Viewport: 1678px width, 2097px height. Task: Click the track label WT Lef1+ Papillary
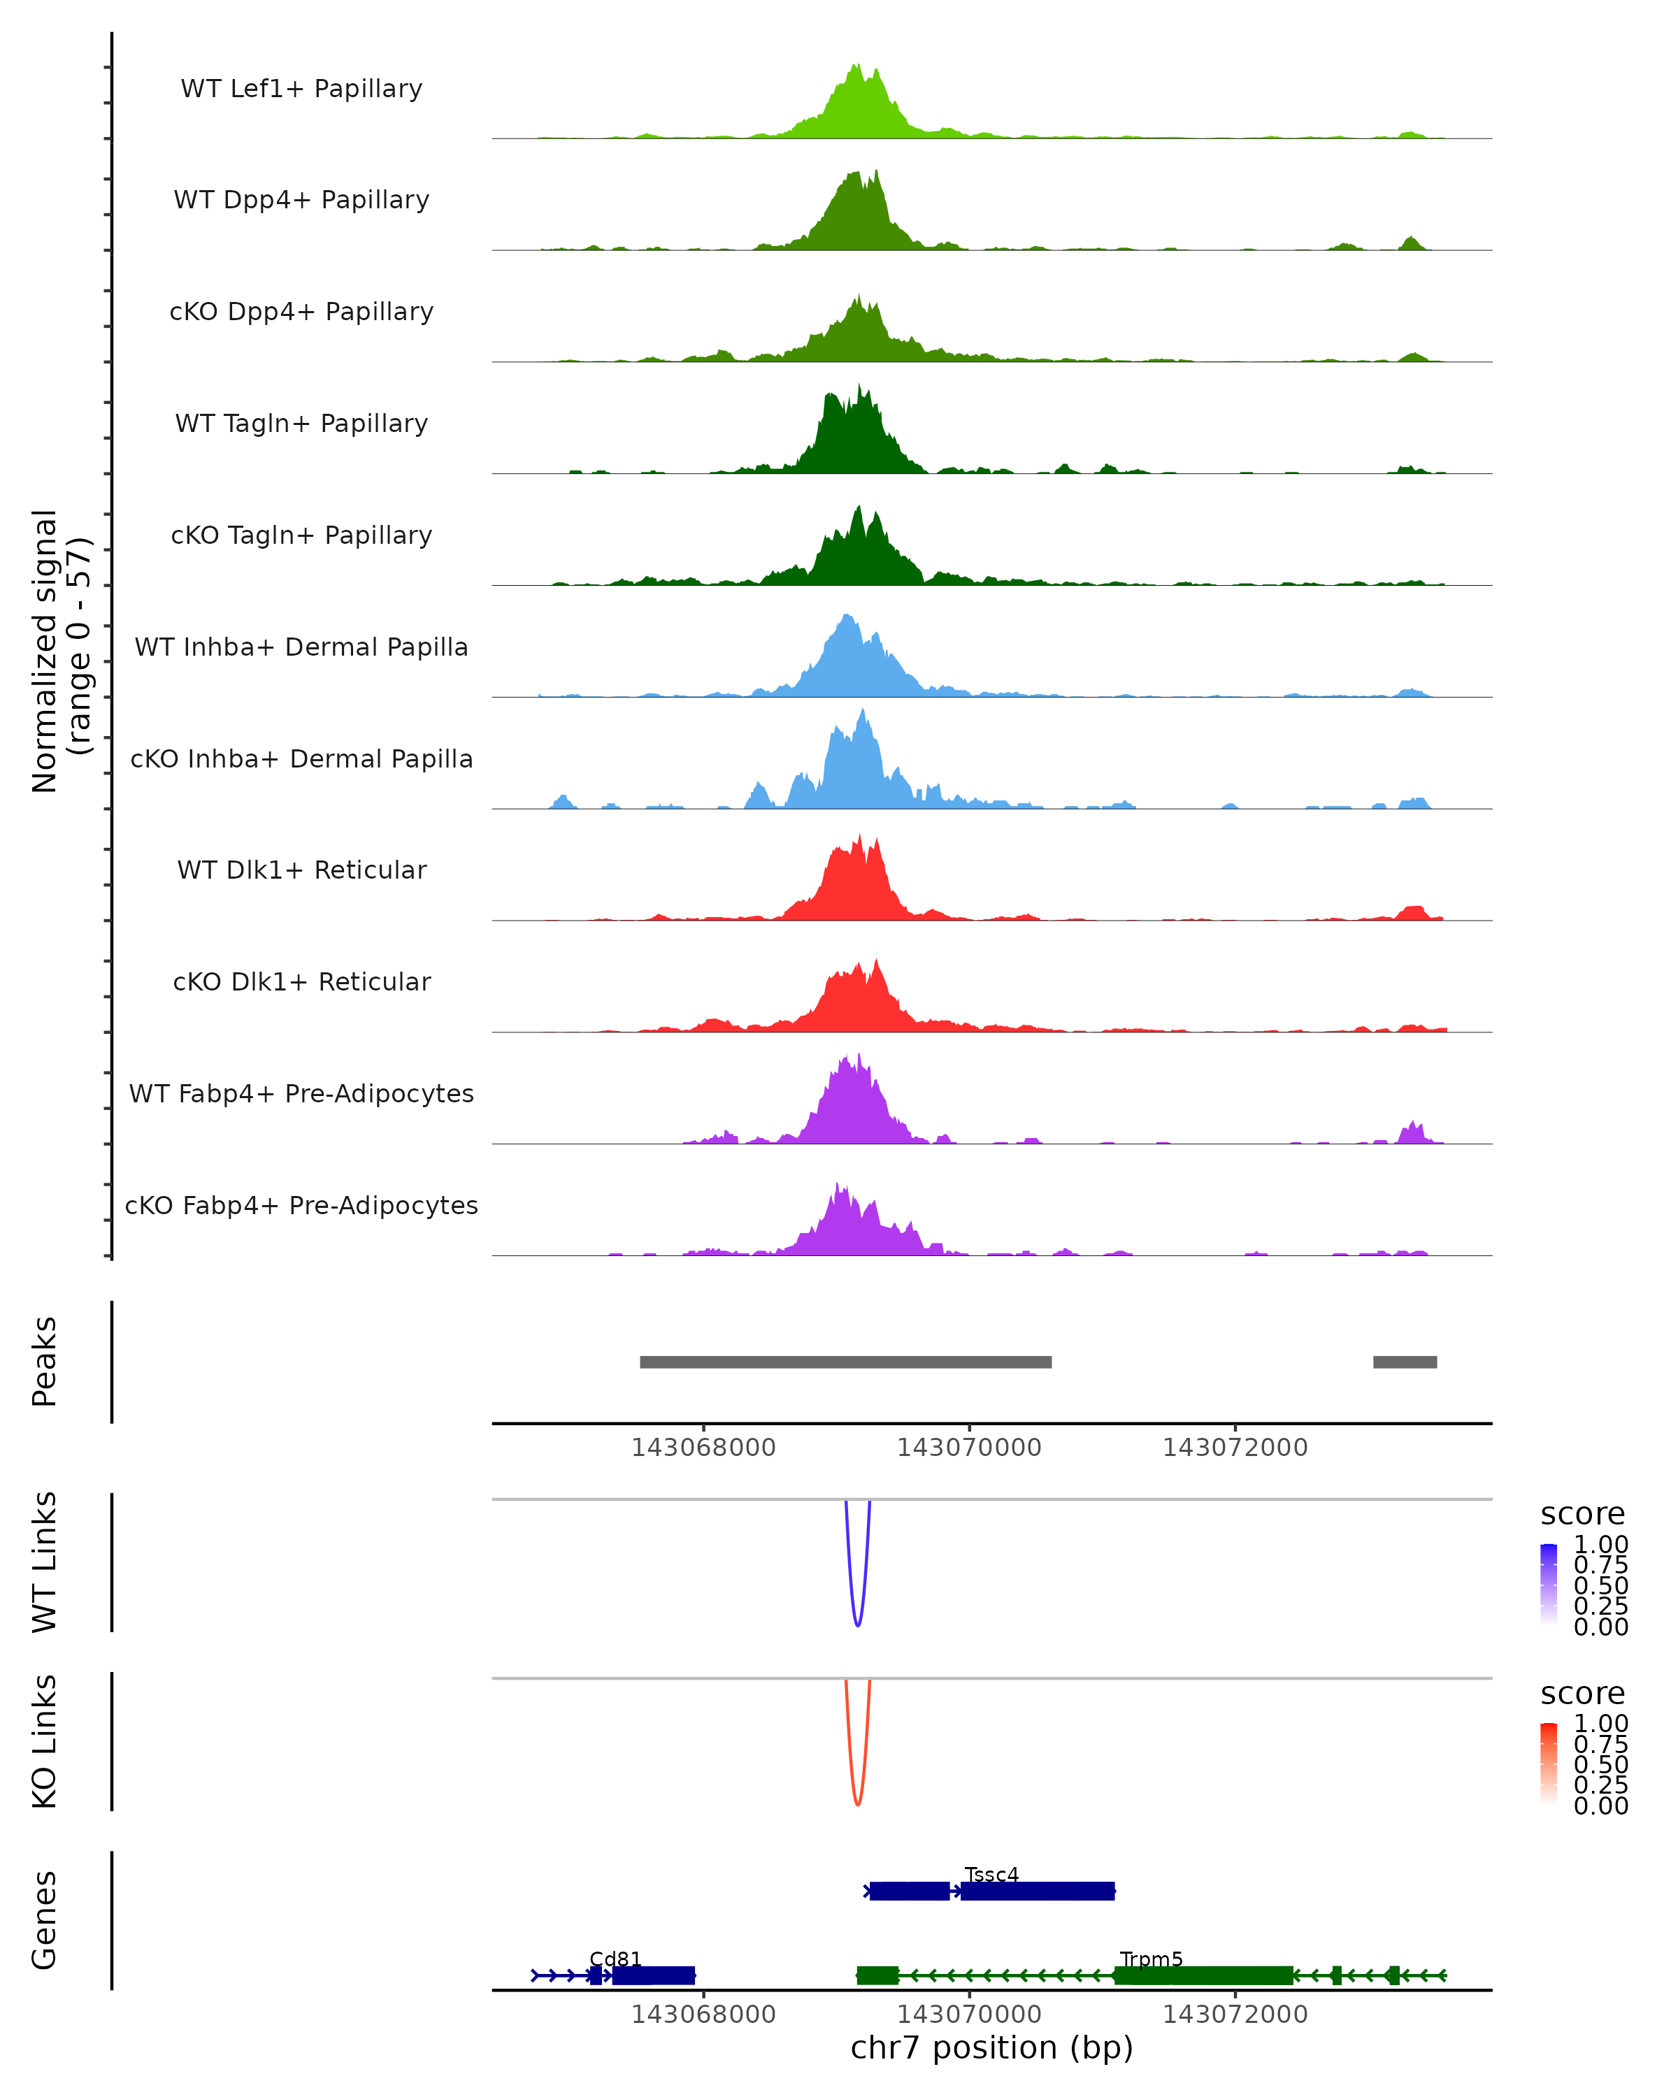(x=301, y=89)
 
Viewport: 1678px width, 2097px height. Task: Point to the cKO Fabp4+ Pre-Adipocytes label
(x=301, y=1205)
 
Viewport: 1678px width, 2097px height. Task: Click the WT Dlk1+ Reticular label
(x=301, y=870)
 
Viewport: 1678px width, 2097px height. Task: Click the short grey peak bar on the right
(x=1405, y=1362)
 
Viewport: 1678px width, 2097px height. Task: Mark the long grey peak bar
(x=845, y=1362)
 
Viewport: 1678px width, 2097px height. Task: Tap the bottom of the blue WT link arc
(x=857, y=1625)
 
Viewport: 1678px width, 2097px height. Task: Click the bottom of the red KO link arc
(x=857, y=1804)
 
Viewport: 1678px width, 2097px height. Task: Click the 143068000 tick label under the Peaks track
(x=703, y=1448)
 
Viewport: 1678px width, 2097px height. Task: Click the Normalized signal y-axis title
(x=60, y=651)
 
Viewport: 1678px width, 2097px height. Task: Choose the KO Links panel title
(x=45, y=1741)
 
